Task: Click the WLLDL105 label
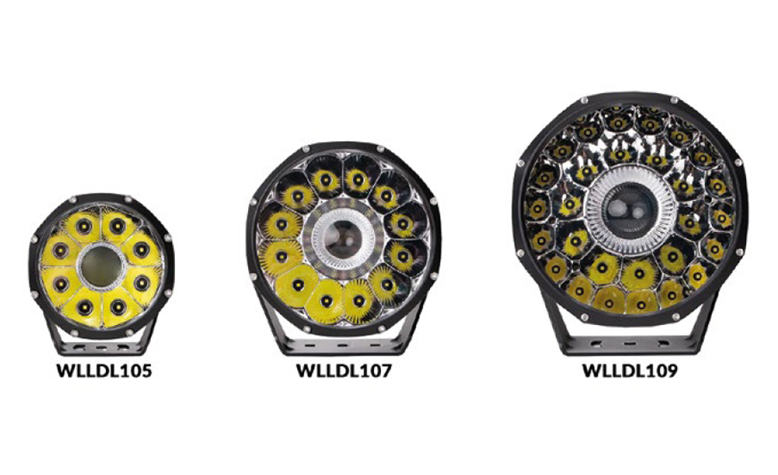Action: [x=104, y=371]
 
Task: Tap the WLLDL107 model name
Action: [x=343, y=371]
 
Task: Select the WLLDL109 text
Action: [x=630, y=371]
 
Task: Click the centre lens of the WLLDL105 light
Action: [x=101, y=267]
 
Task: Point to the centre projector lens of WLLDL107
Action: [x=343, y=238]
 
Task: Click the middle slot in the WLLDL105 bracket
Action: [x=101, y=347]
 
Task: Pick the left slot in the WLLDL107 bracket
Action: [x=309, y=346]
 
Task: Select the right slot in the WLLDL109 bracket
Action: [x=663, y=343]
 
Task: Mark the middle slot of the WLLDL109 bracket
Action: [x=630, y=343]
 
